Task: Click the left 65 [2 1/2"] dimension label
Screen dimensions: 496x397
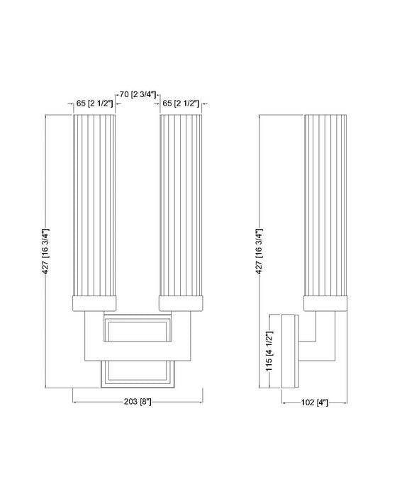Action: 94,103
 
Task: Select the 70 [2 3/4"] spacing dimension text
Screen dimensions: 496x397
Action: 139,93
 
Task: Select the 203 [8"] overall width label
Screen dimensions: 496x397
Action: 138,402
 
